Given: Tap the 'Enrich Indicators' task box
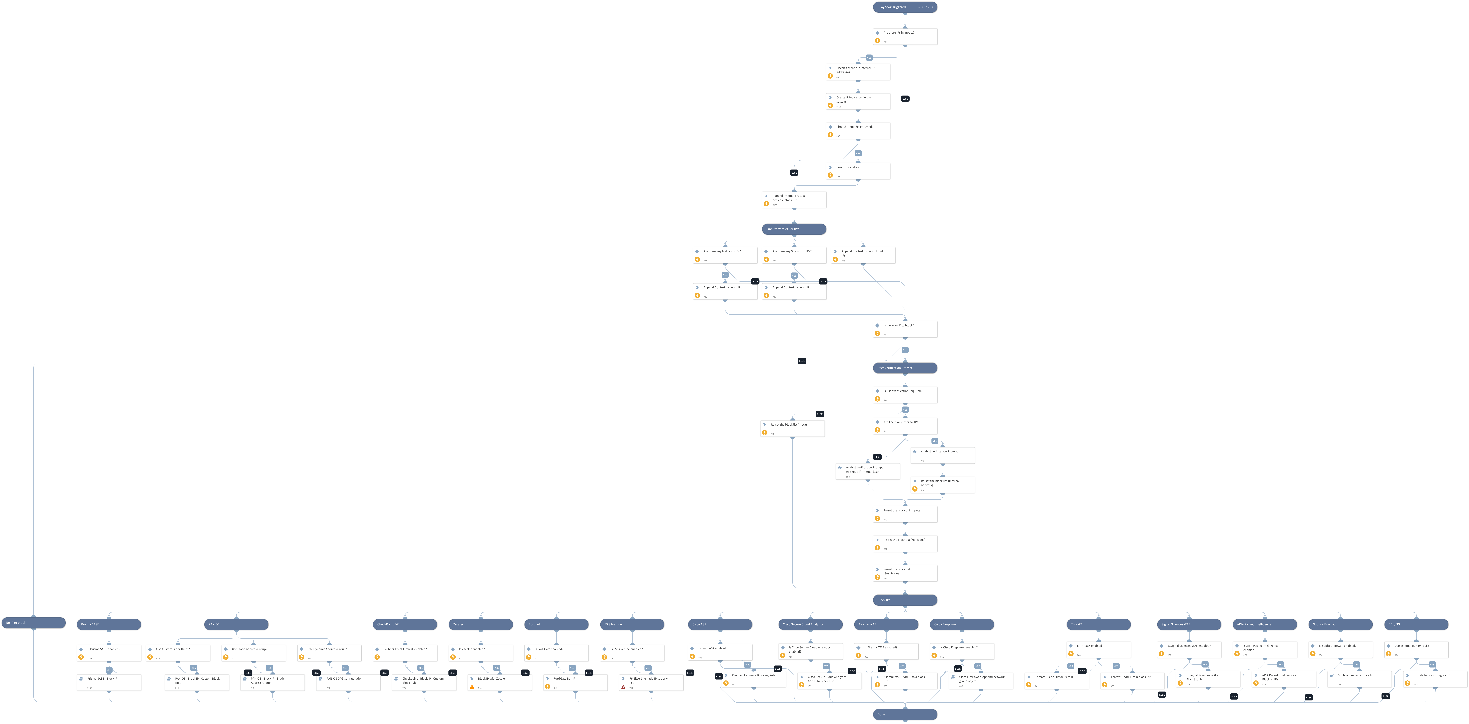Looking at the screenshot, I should (858, 171).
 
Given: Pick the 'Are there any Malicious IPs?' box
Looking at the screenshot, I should (725, 255).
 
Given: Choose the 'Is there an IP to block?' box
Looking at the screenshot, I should (904, 329).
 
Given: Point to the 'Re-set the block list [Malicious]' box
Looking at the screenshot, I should (904, 543).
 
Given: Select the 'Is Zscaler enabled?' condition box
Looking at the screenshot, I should (480, 653).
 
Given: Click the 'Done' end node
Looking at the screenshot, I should (904, 714).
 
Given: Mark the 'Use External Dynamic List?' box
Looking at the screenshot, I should (1416, 649).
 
